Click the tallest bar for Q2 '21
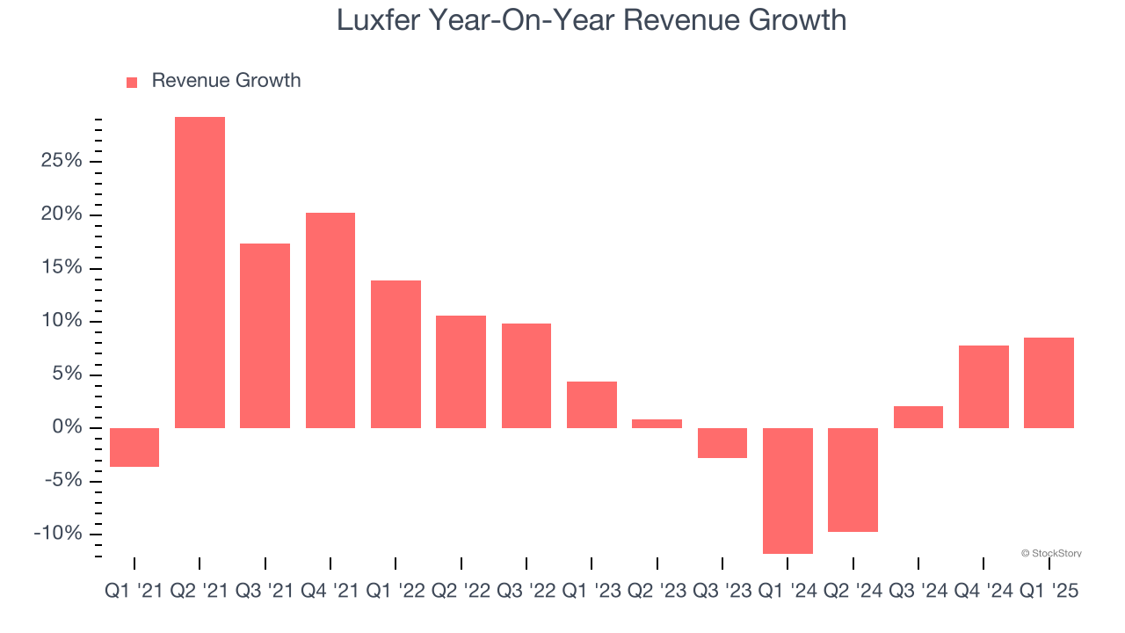[200, 273]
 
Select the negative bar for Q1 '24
[787, 491]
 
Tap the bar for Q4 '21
[330, 320]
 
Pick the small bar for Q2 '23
[657, 424]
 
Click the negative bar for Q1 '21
[134, 447]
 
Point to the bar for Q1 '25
[1049, 382]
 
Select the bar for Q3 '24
[918, 417]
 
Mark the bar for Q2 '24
[853, 480]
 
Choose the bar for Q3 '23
[722, 443]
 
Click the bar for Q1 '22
[396, 354]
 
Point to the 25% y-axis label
[62, 161]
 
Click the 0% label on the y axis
[67, 427]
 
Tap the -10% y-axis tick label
[58, 534]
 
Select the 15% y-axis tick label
[62, 268]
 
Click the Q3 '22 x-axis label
[526, 592]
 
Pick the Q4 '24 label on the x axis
[983, 592]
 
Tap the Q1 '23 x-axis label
[592, 592]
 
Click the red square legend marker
[132, 82]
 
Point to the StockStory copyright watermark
[1051, 553]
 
